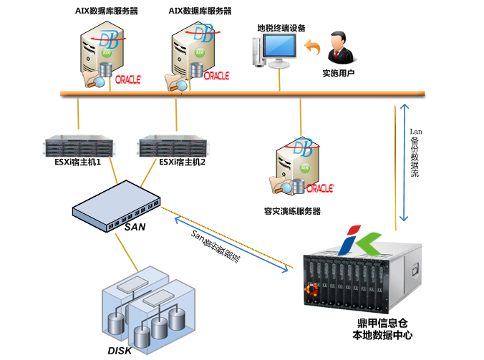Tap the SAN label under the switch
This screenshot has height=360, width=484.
click(x=135, y=227)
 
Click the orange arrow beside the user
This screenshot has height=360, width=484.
click(x=312, y=48)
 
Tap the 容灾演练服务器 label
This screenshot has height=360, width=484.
click(x=291, y=211)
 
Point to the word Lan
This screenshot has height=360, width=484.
click(x=415, y=132)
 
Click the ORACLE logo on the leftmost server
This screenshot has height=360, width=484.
click(x=127, y=79)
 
